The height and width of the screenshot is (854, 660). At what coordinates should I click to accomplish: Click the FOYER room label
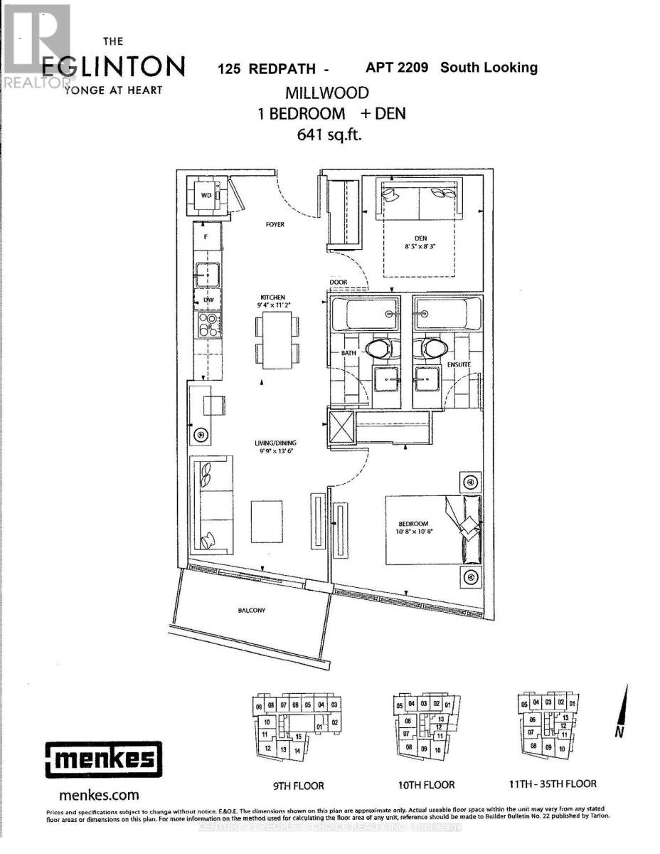coord(275,224)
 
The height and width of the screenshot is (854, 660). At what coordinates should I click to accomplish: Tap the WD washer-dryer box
coord(206,194)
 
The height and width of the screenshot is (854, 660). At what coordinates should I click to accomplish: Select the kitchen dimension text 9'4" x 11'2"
coord(272,305)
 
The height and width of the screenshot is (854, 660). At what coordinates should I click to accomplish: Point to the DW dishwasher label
coord(208,300)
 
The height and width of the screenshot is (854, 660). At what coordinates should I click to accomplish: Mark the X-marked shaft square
coord(339,428)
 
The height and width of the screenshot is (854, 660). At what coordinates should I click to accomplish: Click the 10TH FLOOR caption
coord(427,786)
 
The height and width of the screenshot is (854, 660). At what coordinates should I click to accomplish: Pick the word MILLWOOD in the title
coord(328,93)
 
